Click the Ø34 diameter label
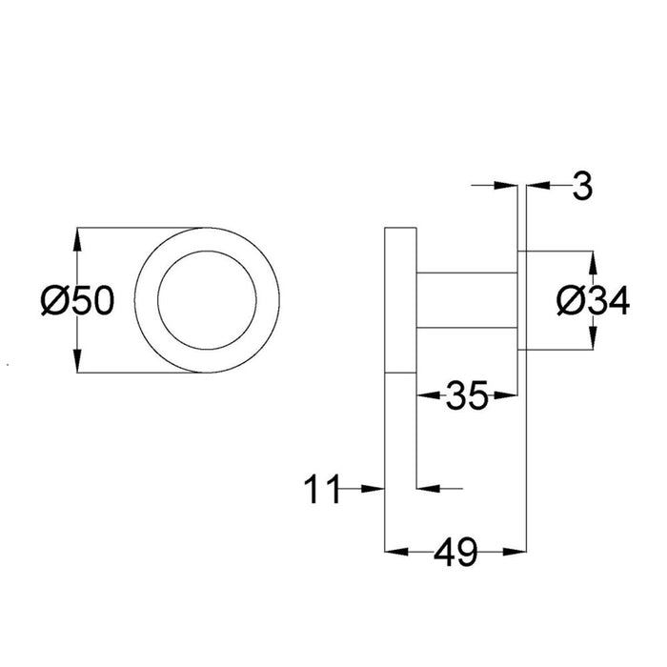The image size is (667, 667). (592, 302)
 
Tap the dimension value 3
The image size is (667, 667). (582, 187)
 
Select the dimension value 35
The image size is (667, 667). (467, 395)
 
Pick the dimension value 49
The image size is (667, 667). (455, 554)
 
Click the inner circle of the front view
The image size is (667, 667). (208, 302)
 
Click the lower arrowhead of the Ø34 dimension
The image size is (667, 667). (592, 342)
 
